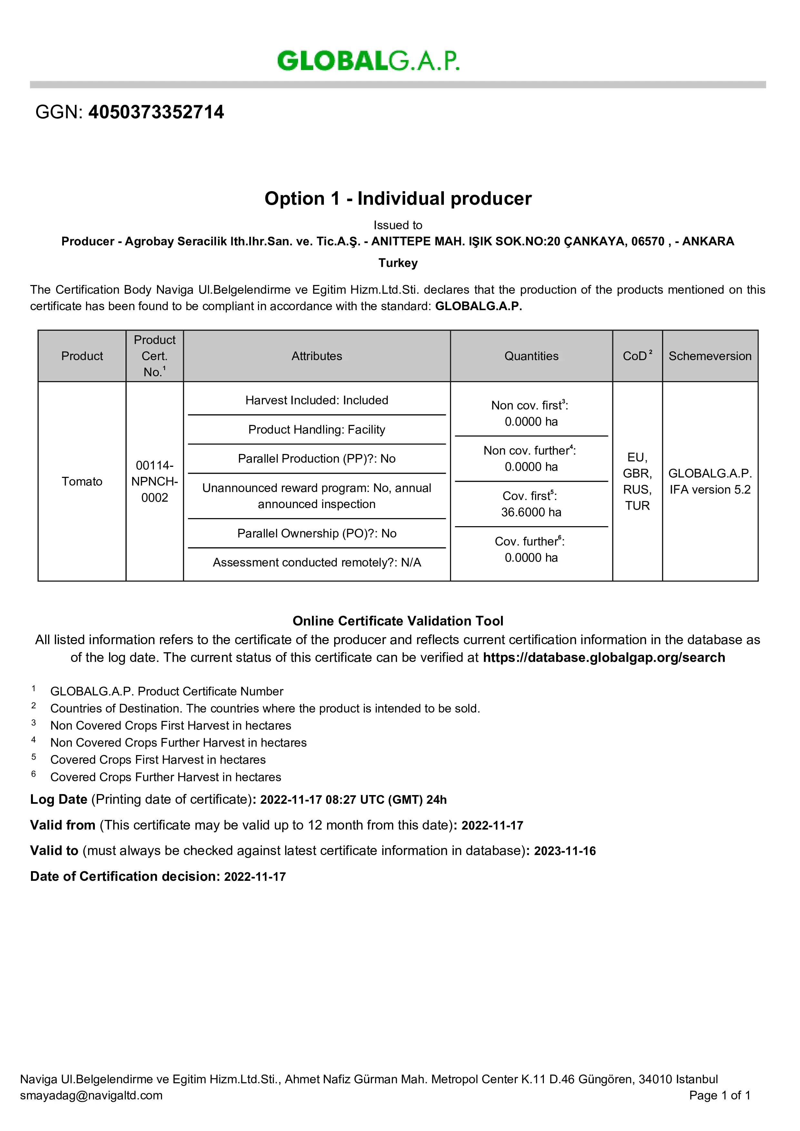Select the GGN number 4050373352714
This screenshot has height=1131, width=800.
pos(156,112)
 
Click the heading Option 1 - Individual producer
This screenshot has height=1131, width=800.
pos(398,199)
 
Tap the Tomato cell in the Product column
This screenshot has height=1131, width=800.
pos(82,481)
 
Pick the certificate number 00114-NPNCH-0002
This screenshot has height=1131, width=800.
pos(154,481)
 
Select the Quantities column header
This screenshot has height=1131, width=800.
pos(531,356)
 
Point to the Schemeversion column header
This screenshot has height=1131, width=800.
pos(710,356)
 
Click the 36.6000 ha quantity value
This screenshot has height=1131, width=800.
pos(531,512)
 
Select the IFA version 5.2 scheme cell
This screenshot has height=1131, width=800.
pos(710,490)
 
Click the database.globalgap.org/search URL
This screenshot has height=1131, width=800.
pos(604,658)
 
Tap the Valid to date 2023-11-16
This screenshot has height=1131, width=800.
pos(565,851)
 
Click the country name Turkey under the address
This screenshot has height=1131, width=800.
pos(398,263)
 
